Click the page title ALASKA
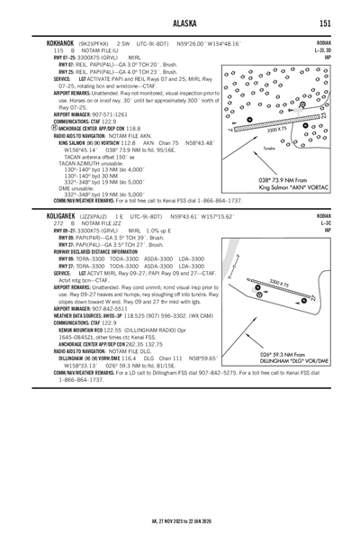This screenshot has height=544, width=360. coord(180,23)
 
